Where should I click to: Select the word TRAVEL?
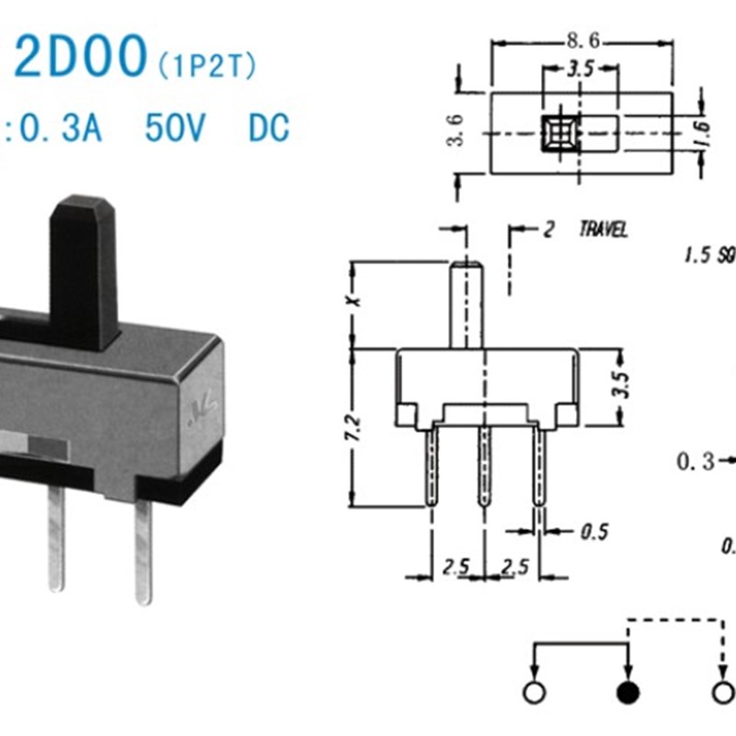(603, 230)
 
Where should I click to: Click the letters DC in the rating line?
(269, 128)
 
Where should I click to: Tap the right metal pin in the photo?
(143, 552)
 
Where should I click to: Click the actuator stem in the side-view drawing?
(466, 304)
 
